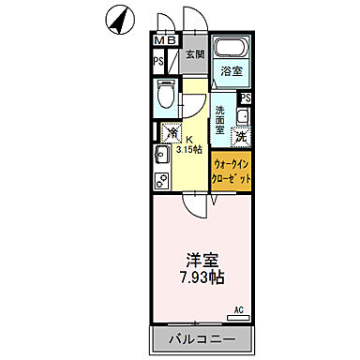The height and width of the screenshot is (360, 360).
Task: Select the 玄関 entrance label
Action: [194, 55]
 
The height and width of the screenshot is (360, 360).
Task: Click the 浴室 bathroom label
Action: [230, 71]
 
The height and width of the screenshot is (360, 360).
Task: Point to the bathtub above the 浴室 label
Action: [231, 49]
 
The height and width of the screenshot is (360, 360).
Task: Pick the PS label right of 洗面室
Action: [246, 98]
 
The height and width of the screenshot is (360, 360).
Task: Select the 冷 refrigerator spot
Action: [170, 132]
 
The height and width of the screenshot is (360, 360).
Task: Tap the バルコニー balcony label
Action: [202, 337]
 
